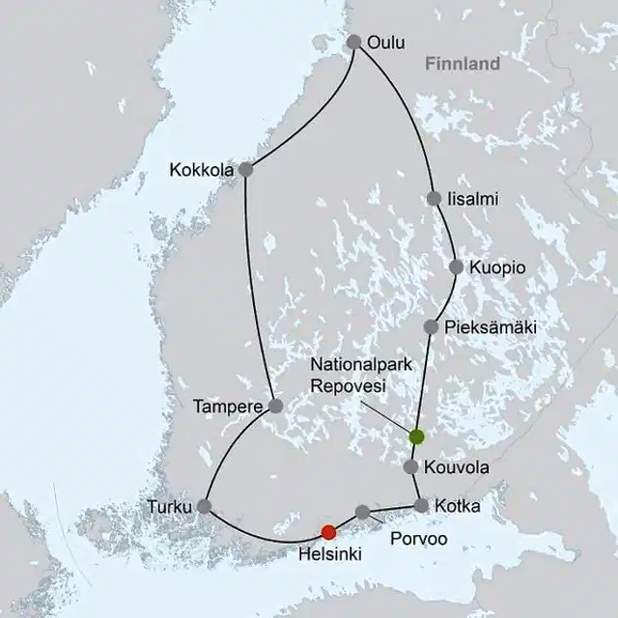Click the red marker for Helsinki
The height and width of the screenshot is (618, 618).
(328, 532)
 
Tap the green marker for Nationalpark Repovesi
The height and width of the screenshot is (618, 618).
(416, 436)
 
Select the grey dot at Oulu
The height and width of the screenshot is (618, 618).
(353, 42)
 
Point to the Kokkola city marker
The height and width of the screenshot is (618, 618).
(245, 169)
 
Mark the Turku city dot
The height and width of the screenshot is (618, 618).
(204, 505)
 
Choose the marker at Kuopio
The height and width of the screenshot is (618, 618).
(456, 267)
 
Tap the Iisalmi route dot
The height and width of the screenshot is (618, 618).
(434, 198)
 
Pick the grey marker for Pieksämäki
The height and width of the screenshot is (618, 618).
(431, 327)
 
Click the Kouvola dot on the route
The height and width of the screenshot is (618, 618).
(410, 467)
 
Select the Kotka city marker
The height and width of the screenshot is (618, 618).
(422, 505)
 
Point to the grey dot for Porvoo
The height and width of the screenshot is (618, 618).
(362, 511)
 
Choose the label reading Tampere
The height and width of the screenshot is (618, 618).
(228, 407)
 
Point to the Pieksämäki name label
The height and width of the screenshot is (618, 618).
(490, 327)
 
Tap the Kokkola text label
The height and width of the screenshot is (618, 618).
(202, 170)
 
